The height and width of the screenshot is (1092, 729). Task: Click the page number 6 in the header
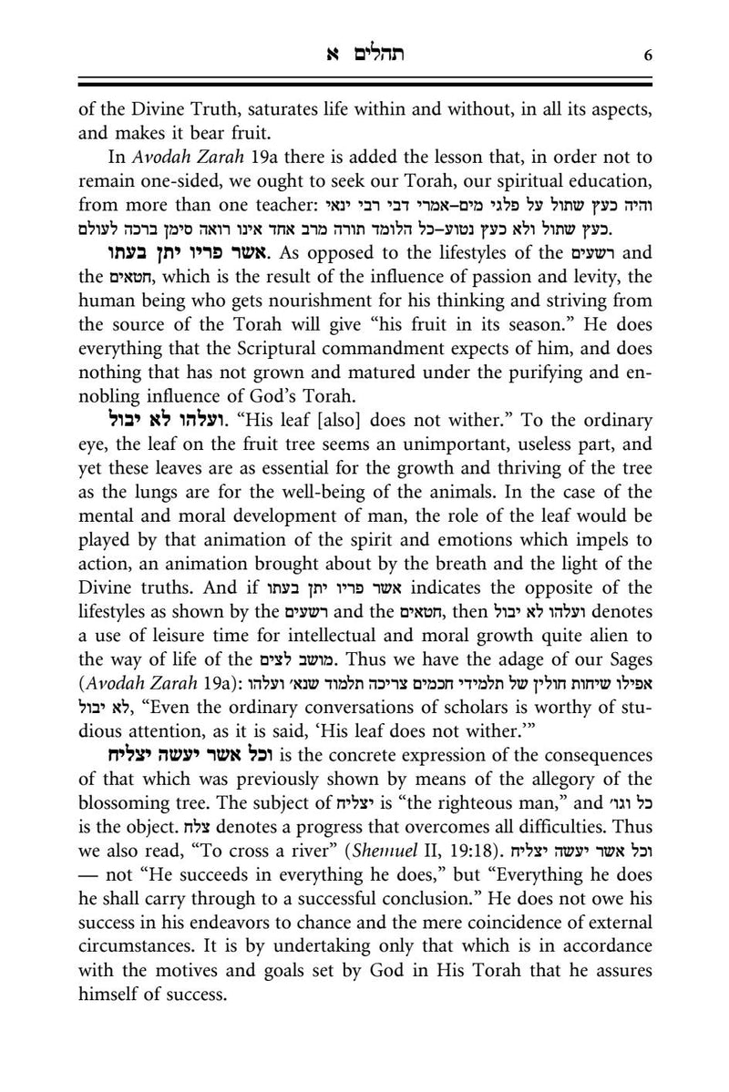[647, 55]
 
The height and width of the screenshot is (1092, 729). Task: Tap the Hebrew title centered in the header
[364, 54]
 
